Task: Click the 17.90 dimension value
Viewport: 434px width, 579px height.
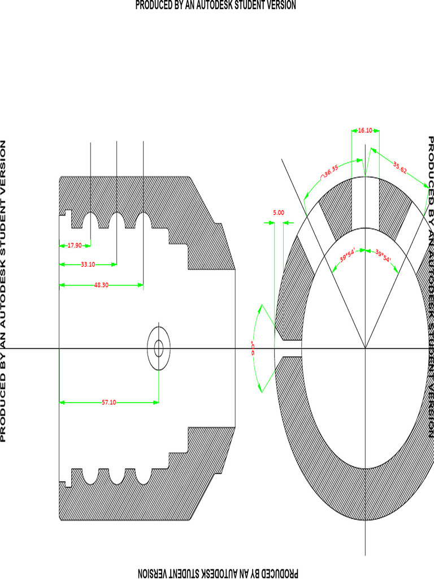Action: click(75, 246)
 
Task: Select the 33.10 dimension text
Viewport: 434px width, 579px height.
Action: click(88, 264)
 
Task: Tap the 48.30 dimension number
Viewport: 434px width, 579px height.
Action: click(101, 286)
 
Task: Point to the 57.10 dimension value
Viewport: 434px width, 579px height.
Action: click(108, 403)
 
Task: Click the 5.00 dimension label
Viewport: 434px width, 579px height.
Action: click(279, 213)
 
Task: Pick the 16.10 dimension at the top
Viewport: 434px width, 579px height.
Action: click(365, 130)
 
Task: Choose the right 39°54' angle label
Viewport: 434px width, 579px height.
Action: click(383, 258)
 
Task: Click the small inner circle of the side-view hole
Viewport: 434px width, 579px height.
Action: click(158, 348)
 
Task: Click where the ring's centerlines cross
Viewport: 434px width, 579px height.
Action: click(366, 348)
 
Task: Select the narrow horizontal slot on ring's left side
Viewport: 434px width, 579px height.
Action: click(290, 348)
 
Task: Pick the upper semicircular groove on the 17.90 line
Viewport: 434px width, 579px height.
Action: click(90, 221)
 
